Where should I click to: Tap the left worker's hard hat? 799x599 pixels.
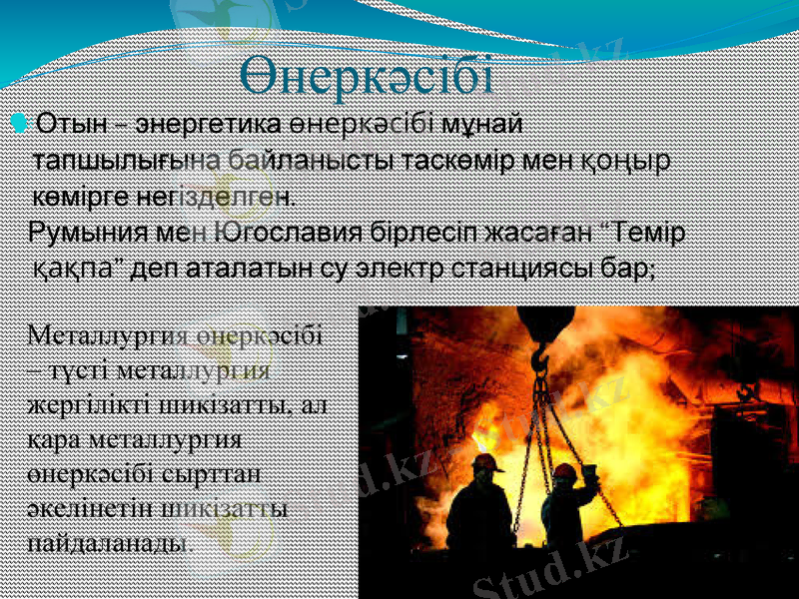click(488, 463)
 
